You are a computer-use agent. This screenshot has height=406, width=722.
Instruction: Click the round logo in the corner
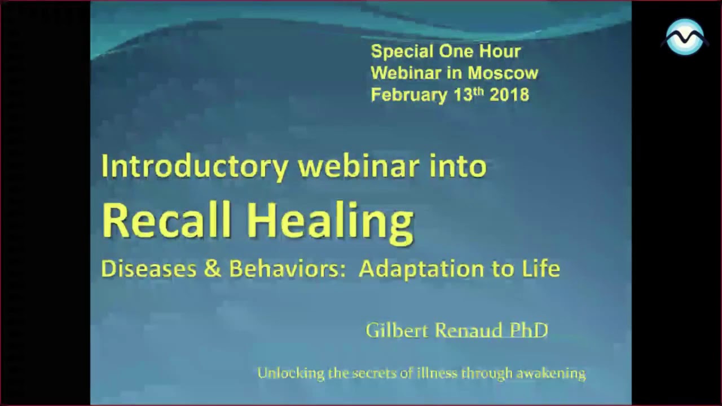coord(685,37)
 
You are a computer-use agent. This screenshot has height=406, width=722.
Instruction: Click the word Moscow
coord(503,73)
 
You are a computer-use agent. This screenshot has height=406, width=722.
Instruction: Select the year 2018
coord(509,95)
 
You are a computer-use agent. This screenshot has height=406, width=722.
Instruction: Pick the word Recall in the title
coord(167,220)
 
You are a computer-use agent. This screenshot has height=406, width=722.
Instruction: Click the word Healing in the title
coord(330,221)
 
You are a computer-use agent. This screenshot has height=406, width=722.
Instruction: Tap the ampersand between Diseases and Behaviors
coord(213,269)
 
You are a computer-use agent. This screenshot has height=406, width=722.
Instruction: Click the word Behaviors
coord(287,269)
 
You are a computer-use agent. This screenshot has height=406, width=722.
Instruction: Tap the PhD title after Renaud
coord(529,330)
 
